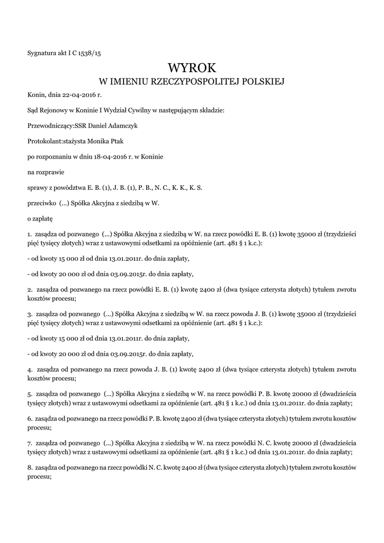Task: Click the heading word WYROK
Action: point(192,68)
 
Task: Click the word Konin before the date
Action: point(37,95)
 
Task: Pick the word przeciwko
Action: point(38,203)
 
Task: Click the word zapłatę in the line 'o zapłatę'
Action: point(42,218)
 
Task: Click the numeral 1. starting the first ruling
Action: point(29,234)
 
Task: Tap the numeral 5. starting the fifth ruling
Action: point(29,395)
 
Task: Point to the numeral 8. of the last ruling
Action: point(29,468)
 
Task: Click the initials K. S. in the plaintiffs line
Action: point(196,188)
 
